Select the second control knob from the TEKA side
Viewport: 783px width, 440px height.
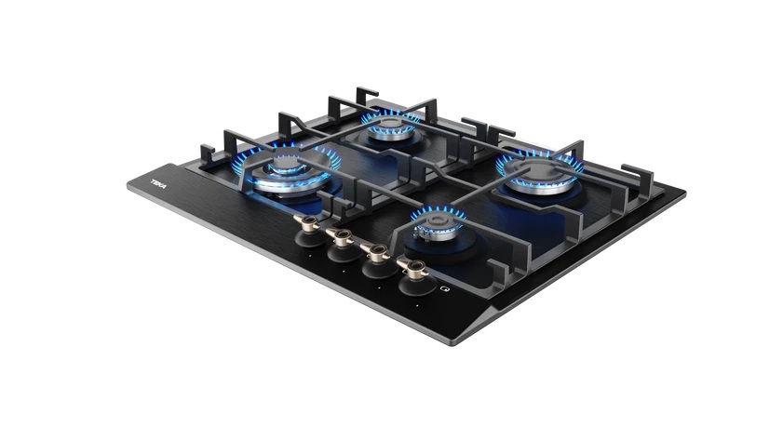[343, 246]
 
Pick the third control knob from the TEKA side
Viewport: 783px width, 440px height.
[377, 260]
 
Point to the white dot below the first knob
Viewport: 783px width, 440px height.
[310, 257]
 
